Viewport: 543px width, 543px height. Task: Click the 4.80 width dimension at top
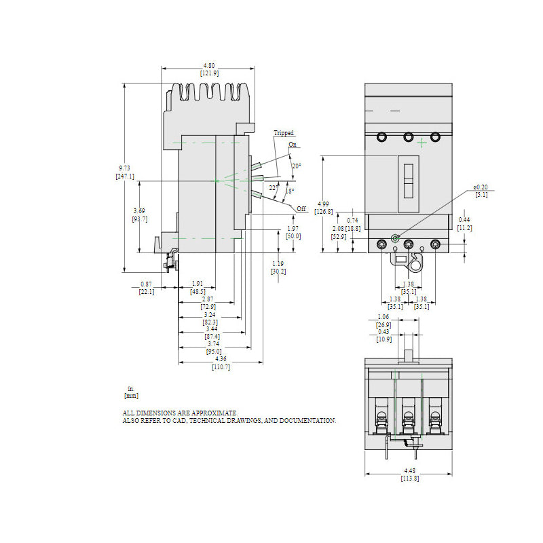tap(208, 66)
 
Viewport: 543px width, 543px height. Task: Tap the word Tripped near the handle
tap(284, 133)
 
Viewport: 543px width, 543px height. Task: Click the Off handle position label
tap(301, 208)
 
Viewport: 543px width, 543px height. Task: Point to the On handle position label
tap(292, 145)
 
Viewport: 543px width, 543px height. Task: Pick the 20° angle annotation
tap(296, 166)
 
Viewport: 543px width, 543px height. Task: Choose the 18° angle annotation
tap(288, 191)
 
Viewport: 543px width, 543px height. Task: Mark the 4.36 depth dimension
tap(221, 359)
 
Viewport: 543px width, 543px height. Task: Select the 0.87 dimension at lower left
tap(147, 284)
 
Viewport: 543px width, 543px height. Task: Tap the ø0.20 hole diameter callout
tap(481, 187)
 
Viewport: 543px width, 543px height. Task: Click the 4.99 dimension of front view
tap(324, 204)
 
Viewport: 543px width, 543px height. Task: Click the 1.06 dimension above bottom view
tap(383, 316)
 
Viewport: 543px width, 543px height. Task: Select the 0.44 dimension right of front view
tap(464, 220)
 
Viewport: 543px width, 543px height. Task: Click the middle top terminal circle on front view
tap(409, 137)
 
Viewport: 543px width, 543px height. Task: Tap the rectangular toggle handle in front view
tap(409, 183)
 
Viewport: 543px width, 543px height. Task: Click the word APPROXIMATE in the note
tap(215, 413)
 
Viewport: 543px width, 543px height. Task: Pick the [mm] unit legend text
tap(131, 395)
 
